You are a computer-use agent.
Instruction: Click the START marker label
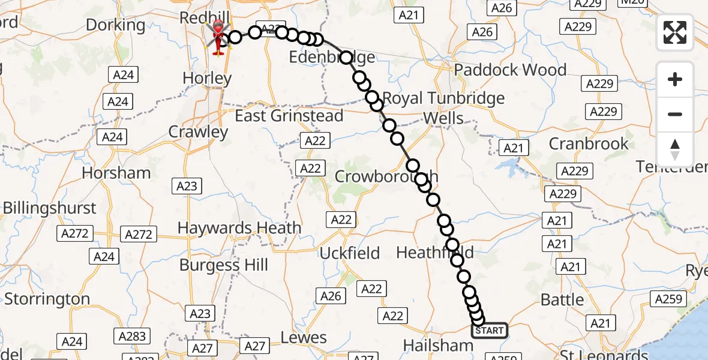(490, 331)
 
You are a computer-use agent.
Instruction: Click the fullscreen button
(675, 32)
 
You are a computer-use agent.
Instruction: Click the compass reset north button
(675, 149)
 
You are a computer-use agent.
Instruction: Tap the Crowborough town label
(386, 176)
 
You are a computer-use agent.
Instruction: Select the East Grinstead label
(289, 116)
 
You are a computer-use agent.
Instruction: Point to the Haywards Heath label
(239, 228)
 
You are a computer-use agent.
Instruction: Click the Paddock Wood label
(510, 70)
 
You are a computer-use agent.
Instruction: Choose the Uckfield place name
(349, 253)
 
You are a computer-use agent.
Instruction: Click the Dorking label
(115, 25)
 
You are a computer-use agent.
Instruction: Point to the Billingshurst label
(49, 208)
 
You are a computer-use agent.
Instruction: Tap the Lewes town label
(304, 338)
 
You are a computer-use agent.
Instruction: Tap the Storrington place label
(47, 299)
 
